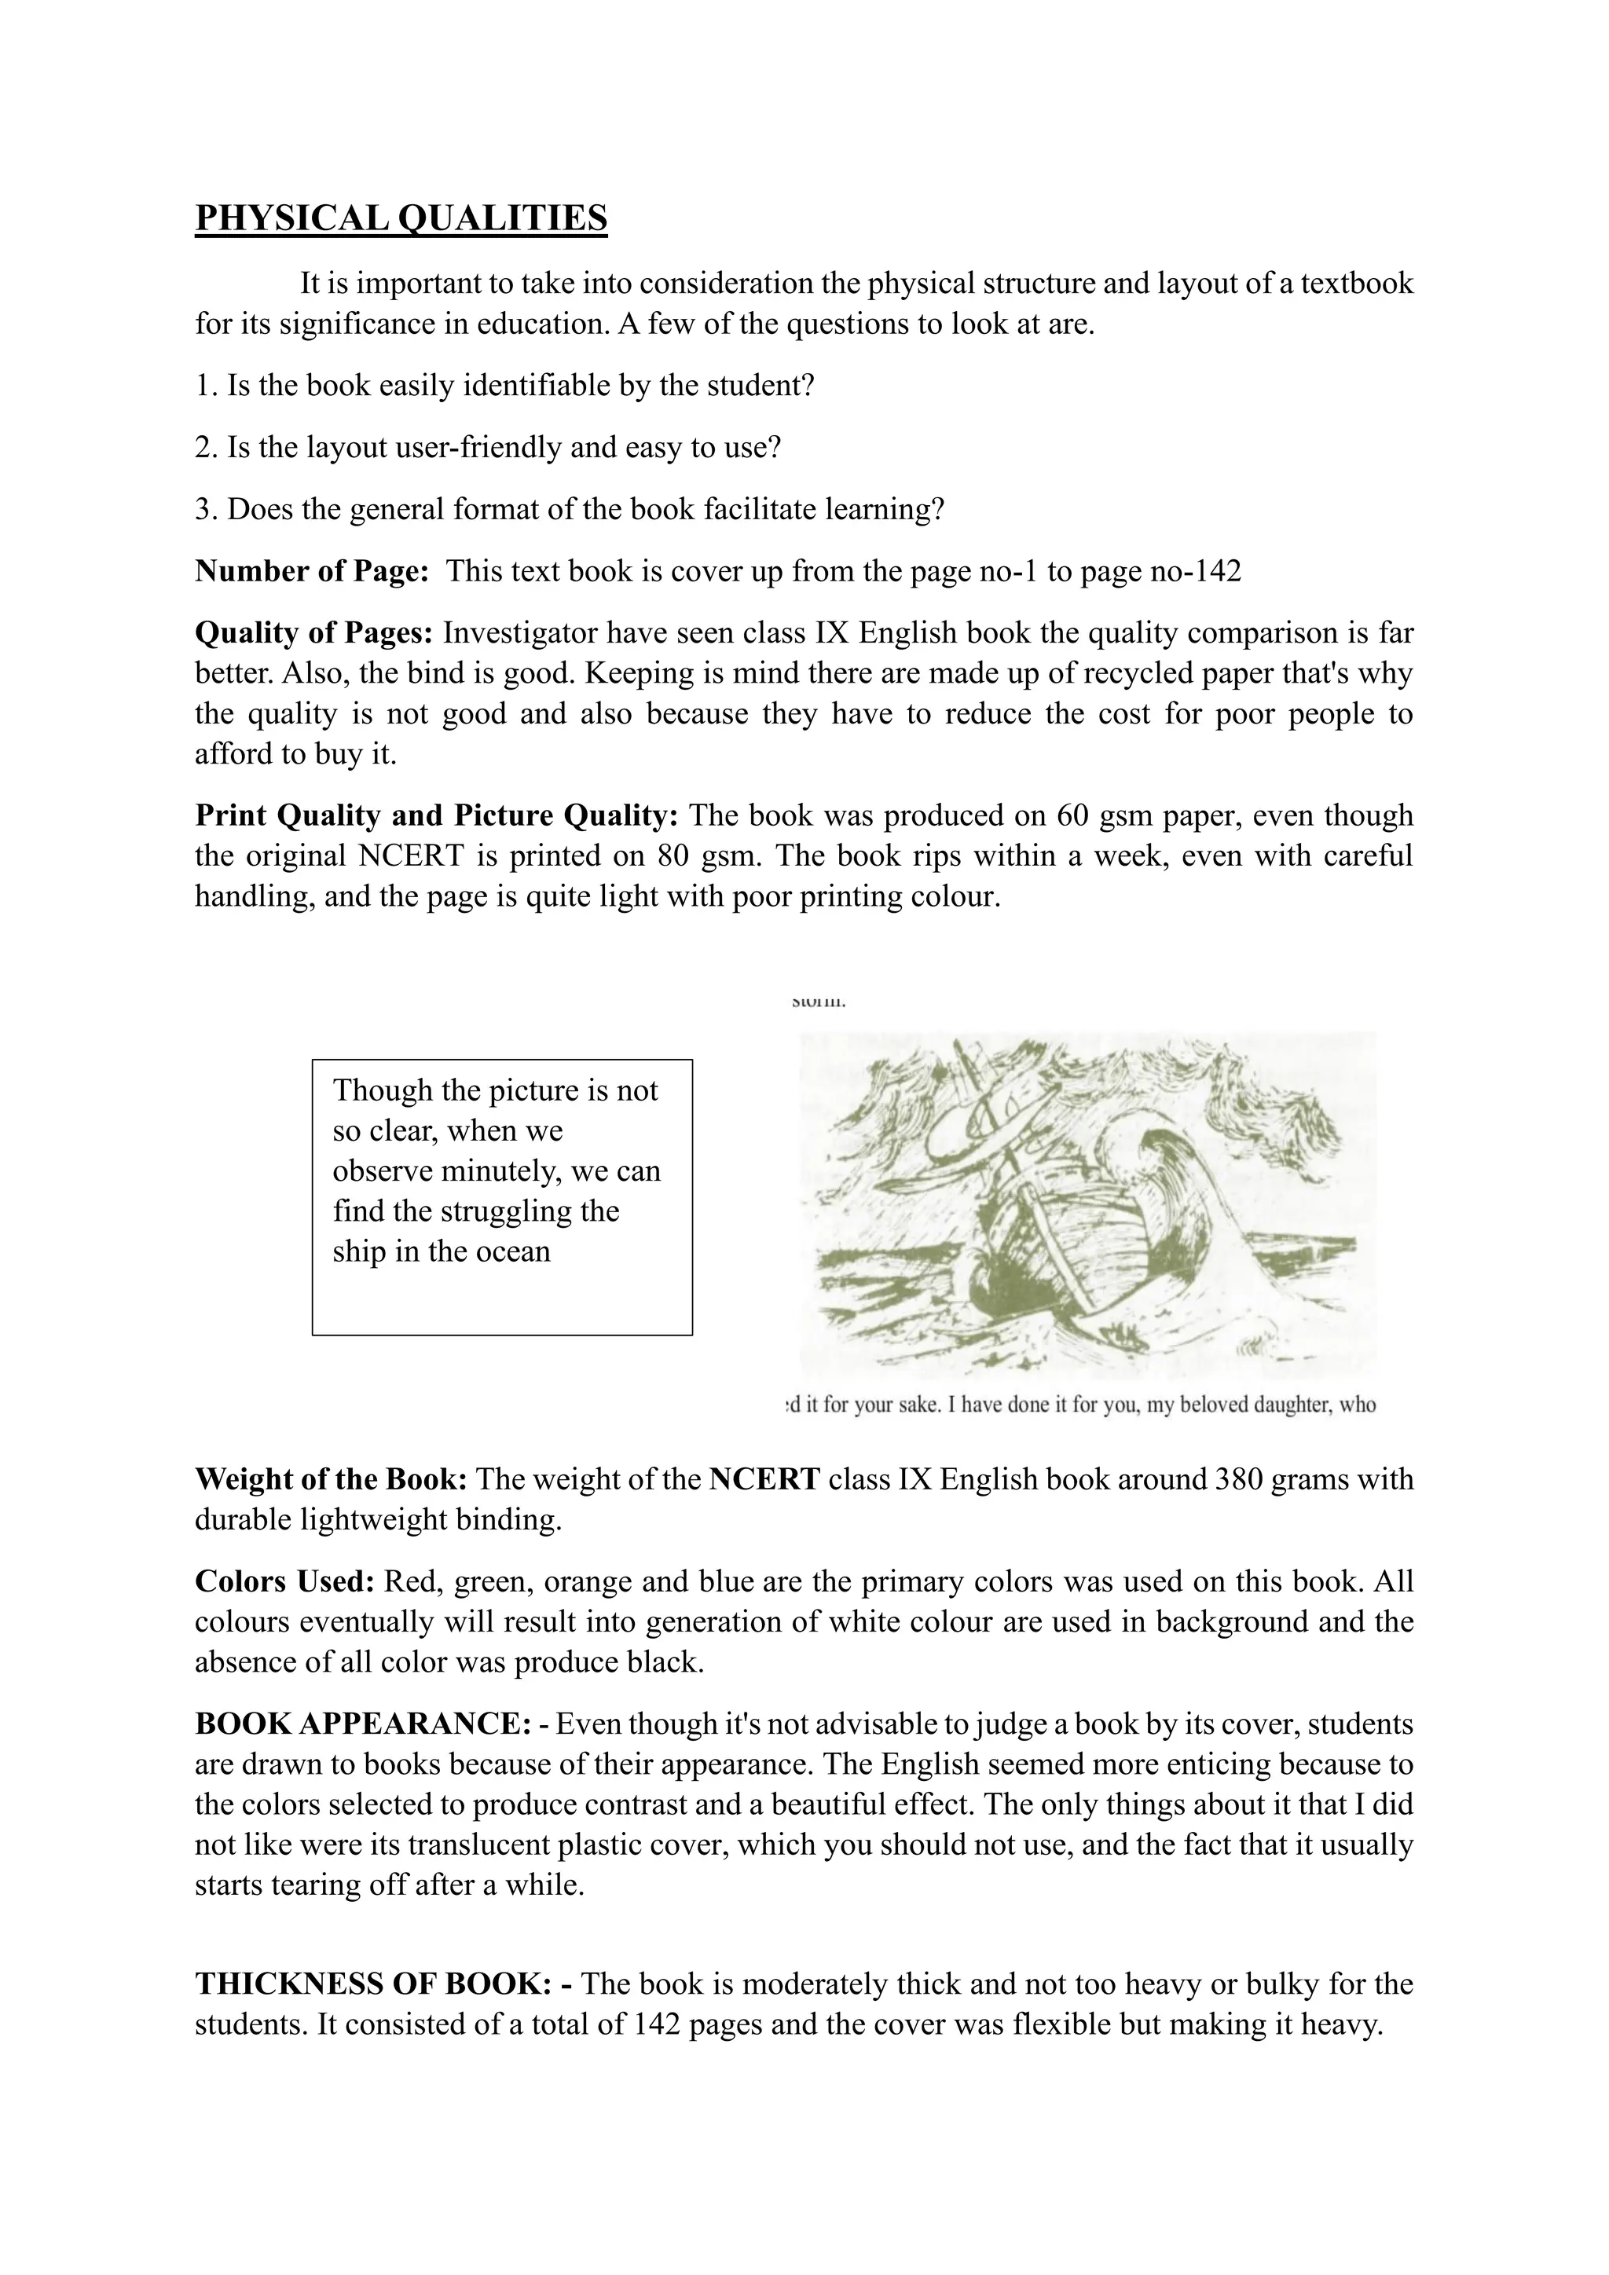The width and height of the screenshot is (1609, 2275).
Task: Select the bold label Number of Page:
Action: coord(311,572)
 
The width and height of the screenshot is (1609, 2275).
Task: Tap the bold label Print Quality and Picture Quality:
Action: coord(436,815)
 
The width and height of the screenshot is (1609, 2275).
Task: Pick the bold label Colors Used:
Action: coord(284,1581)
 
